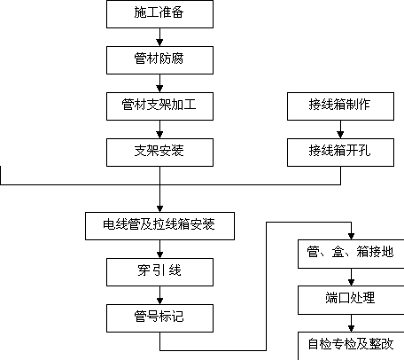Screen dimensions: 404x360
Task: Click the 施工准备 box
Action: click(x=159, y=14)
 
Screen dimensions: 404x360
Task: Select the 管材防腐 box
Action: click(x=159, y=60)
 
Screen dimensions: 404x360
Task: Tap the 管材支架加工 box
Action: click(x=159, y=106)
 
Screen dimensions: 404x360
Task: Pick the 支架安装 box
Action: click(x=159, y=153)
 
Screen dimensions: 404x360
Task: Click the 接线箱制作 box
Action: click(x=340, y=106)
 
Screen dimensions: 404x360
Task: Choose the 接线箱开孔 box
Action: click(x=340, y=153)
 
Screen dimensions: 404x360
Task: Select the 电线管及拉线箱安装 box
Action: click(x=159, y=226)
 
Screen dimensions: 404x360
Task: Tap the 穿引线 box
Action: click(x=159, y=272)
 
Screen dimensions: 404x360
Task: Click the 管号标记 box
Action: click(x=159, y=318)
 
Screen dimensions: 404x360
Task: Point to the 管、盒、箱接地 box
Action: click(x=351, y=254)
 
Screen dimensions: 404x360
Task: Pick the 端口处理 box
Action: click(x=351, y=300)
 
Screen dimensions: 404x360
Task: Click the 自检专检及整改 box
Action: click(x=351, y=346)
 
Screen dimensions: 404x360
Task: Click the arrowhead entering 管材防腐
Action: click(x=159, y=43)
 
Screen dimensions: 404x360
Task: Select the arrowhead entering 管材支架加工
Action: click(x=159, y=89)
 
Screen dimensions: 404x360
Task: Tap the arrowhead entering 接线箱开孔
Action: click(x=340, y=135)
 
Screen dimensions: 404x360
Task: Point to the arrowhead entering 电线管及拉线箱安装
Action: click(x=159, y=208)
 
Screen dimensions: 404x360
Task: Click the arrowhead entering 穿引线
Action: click(x=159, y=254)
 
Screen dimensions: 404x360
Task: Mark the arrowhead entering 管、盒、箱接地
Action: click(x=351, y=237)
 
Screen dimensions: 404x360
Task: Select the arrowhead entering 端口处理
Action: click(x=351, y=283)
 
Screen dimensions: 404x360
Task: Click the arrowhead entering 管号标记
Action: click(x=159, y=301)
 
